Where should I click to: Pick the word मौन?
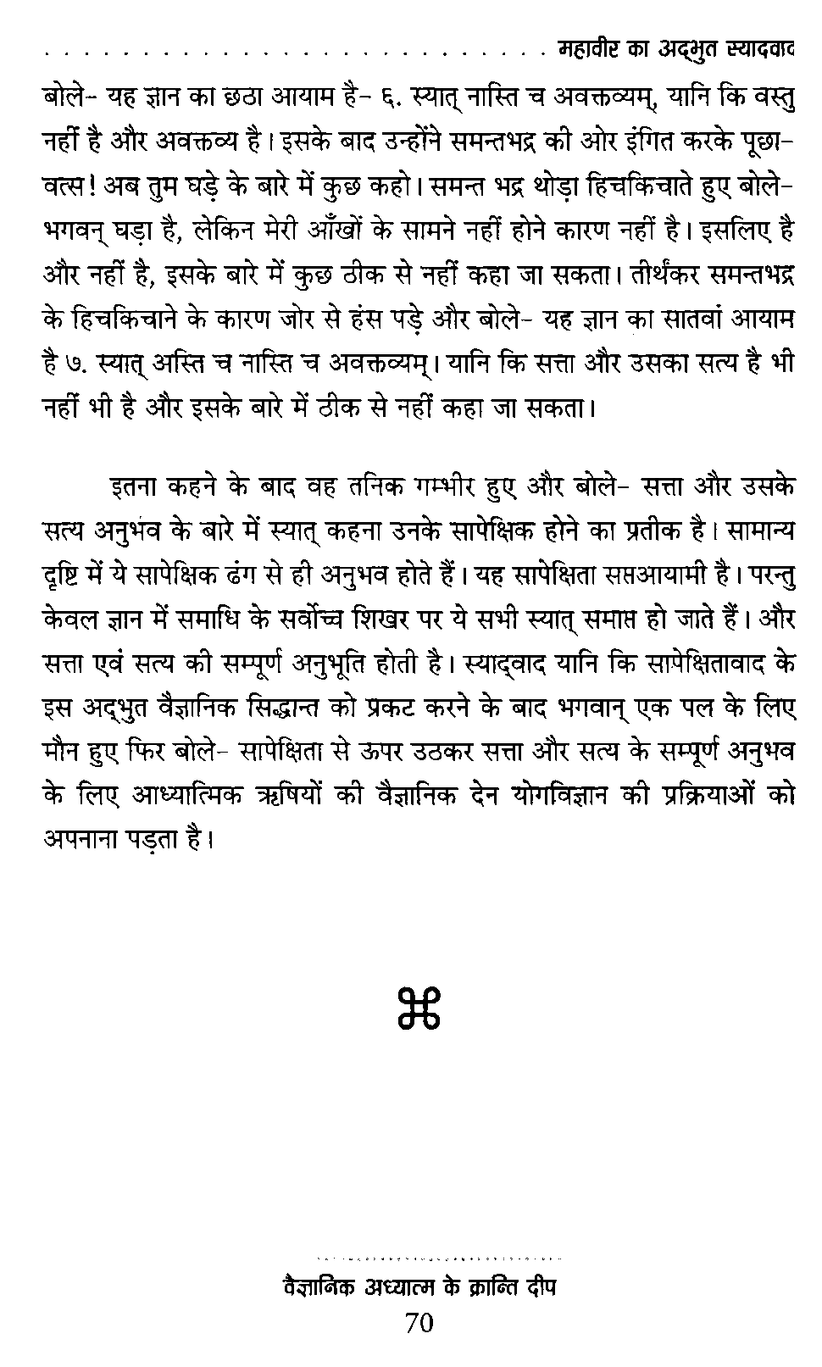click(x=63, y=750)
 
